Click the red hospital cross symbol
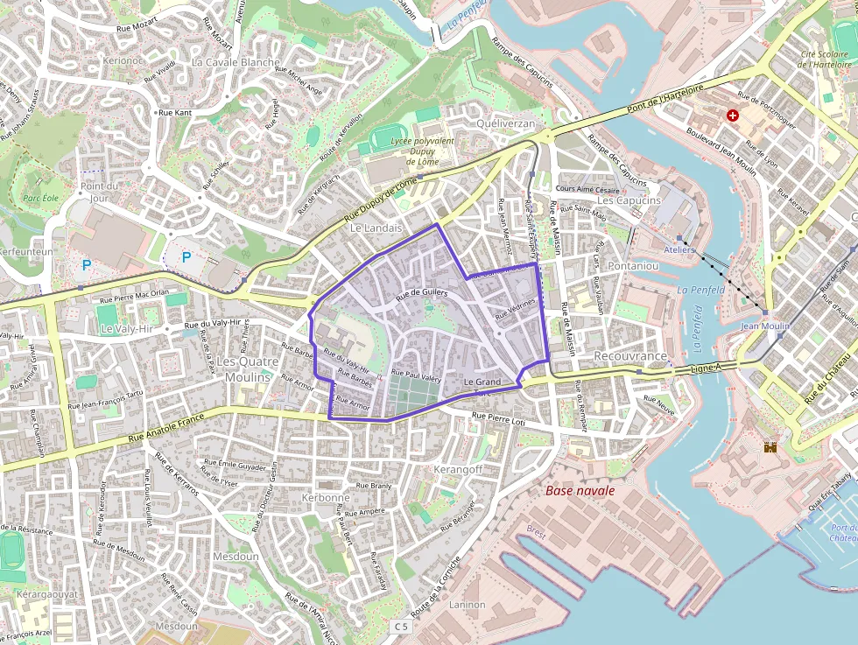733,116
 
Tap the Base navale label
580,490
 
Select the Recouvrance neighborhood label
630,356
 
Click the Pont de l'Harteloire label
666,99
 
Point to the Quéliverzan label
505,124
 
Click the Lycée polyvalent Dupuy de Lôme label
422,151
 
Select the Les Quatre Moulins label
247,368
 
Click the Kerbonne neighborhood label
326,497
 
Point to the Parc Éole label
41,198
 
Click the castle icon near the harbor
770,447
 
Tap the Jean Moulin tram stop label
765,326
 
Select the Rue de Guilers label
422,294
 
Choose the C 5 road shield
401,627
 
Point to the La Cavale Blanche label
236,62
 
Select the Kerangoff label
458,470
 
